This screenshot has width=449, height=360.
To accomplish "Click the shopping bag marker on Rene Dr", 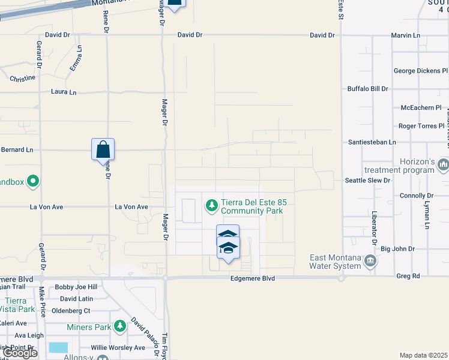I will (103, 149).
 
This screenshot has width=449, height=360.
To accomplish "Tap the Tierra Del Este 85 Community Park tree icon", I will (211, 206).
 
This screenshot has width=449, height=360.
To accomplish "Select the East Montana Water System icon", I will (370, 261).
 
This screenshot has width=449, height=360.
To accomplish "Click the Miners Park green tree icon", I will (121, 326).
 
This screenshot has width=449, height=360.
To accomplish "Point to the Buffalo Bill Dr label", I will (368, 89).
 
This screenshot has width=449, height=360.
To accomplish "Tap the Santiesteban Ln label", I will (372, 142).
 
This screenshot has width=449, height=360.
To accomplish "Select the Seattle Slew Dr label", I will (367, 180).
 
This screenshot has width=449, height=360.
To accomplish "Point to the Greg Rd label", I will (425, 278).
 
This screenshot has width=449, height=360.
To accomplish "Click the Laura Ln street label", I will (64, 92).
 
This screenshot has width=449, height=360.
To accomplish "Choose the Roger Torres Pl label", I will (421, 126).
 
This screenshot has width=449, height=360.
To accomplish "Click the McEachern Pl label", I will (421, 108).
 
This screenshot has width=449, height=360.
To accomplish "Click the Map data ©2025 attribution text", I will (424, 355).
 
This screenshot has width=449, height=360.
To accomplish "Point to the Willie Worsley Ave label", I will (118, 347).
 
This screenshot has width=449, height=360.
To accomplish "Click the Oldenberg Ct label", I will (70, 311).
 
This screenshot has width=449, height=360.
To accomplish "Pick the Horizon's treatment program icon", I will (443, 164).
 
